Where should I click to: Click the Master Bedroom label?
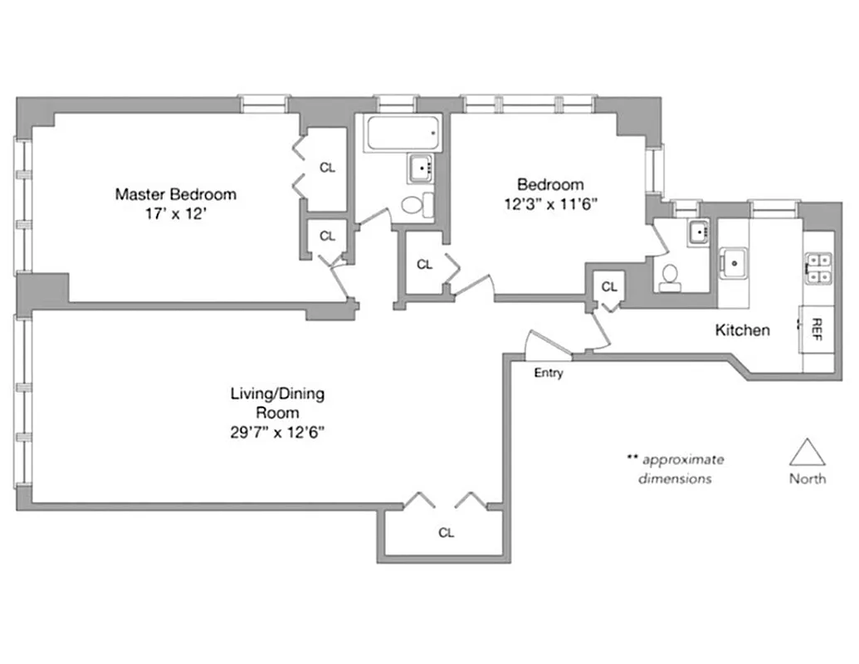(x=175, y=194)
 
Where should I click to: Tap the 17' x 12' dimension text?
(x=175, y=213)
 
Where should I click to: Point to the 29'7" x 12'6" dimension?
(x=277, y=432)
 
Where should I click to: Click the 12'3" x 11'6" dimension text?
(x=550, y=203)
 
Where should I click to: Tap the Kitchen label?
(x=742, y=330)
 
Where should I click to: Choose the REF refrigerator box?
(x=818, y=329)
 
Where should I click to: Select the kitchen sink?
(x=735, y=263)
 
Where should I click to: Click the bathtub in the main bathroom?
(x=403, y=135)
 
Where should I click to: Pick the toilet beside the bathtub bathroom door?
(x=416, y=204)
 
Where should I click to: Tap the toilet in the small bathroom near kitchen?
(x=670, y=276)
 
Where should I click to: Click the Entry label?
(x=549, y=373)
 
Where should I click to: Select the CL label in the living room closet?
(x=447, y=533)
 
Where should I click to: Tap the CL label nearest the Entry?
(x=610, y=287)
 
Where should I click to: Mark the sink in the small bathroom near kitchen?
(x=698, y=232)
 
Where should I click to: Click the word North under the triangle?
(x=807, y=479)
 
